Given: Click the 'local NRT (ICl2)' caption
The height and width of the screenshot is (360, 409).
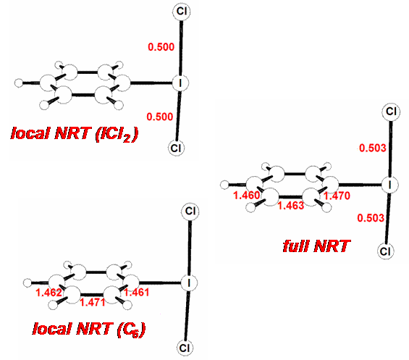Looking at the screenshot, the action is (x=75, y=134).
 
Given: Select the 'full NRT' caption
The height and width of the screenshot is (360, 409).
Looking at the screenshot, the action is (x=316, y=246).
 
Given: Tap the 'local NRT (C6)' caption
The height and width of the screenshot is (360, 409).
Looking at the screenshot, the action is (x=89, y=330).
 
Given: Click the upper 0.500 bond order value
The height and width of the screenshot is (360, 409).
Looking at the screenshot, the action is (x=161, y=47).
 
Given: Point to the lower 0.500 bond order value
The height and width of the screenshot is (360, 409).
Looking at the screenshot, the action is (x=160, y=117).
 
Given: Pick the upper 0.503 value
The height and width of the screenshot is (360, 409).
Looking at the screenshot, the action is (x=373, y=148).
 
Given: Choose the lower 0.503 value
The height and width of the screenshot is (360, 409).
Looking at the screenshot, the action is (x=371, y=218).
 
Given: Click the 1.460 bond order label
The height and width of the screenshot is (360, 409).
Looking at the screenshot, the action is (x=247, y=196).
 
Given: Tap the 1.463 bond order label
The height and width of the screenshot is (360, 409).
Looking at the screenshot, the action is (x=291, y=206).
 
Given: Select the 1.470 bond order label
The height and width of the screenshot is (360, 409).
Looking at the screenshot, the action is (x=337, y=196).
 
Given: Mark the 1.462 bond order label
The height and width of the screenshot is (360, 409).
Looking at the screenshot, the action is (x=49, y=293).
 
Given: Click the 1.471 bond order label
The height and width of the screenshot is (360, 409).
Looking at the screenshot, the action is (x=93, y=302).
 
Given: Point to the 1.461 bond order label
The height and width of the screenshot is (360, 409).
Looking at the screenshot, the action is (x=137, y=293).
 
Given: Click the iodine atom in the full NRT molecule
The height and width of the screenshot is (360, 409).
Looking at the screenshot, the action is (x=389, y=185).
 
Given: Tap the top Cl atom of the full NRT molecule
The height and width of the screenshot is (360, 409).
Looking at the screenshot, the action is (x=391, y=112).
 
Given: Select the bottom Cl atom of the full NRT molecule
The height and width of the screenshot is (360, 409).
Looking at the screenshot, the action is (x=385, y=251).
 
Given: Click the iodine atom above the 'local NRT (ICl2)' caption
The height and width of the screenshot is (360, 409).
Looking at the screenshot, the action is (x=180, y=83).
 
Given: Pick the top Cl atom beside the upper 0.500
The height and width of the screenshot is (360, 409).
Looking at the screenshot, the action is (x=182, y=12).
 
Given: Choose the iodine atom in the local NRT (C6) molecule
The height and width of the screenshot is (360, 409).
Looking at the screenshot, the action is (x=189, y=282).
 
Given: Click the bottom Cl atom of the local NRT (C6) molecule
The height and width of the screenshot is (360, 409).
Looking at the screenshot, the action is (x=185, y=348).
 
